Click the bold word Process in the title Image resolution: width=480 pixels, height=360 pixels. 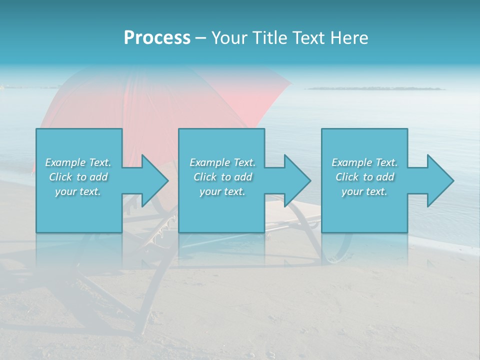[x=157, y=38]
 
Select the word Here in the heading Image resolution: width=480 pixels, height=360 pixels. [x=348, y=38]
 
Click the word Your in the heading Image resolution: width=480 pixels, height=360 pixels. [x=227, y=38]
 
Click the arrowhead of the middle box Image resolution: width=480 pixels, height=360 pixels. [x=297, y=181]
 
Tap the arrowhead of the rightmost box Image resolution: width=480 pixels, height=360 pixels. [x=440, y=181]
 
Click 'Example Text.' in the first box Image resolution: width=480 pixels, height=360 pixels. [x=78, y=162]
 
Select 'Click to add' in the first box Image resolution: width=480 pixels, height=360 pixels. [x=78, y=177]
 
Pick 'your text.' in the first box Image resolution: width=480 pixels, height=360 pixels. [x=78, y=191]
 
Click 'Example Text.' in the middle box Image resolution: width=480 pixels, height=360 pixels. [x=222, y=162]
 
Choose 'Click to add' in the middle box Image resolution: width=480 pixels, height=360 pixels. [x=222, y=177]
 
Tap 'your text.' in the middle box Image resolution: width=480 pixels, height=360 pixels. [x=222, y=191]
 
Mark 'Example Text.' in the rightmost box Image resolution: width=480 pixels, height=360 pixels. [x=364, y=162]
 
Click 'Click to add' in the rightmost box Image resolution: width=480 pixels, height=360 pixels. [x=364, y=177]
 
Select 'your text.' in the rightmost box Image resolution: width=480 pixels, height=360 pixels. [x=364, y=191]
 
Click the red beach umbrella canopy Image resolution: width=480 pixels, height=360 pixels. [x=150, y=100]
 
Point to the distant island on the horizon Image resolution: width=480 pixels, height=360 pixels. [x=375, y=88]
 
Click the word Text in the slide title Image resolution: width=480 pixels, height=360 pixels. [x=308, y=38]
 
